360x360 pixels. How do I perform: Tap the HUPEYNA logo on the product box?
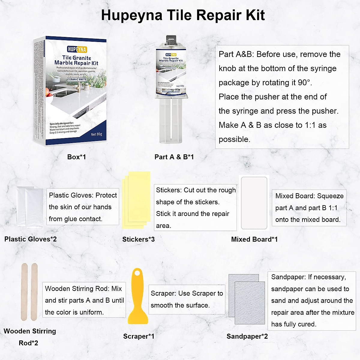(x=77, y=49)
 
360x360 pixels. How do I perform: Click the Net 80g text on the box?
(x=97, y=134)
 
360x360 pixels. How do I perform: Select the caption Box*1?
(x=76, y=157)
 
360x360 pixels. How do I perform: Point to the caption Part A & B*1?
(x=174, y=157)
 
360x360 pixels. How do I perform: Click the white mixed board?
(x=254, y=203)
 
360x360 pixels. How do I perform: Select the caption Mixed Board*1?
(x=254, y=239)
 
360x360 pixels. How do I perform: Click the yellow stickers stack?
(x=136, y=198)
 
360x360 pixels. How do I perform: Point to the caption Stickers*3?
(x=138, y=239)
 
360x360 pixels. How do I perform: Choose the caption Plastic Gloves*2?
(x=30, y=239)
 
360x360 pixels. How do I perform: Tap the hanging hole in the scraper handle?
(x=138, y=273)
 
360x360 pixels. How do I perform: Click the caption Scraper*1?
(x=139, y=336)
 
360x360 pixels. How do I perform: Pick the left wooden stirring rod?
(x=24, y=292)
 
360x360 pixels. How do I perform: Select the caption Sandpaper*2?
(x=247, y=336)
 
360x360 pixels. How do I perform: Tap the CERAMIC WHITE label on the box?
(x=77, y=79)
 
